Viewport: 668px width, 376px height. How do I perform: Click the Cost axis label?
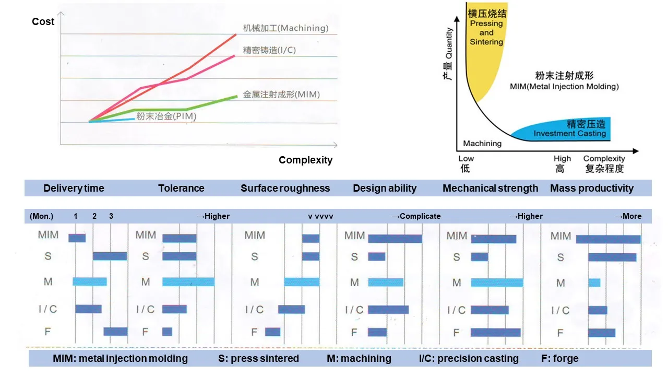(43, 21)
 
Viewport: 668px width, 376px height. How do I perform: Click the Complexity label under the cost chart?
(305, 160)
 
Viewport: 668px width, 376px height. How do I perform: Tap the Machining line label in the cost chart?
(286, 28)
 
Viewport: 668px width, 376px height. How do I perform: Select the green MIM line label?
(281, 95)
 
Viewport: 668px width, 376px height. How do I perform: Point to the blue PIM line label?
(166, 116)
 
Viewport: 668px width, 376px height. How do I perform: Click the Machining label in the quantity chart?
(482, 143)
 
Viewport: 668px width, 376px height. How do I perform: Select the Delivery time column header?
(74, 189)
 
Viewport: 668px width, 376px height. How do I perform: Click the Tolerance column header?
(181, 189)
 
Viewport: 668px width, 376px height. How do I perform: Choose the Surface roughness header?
(285, 189)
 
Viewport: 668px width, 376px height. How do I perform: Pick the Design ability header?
(385, 189)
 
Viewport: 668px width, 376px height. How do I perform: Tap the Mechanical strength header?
(490, 189)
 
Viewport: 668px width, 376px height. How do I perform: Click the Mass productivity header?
(592, 189)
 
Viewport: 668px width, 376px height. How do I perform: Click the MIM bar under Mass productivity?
(608, 239)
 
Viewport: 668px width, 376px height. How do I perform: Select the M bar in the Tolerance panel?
(188, 282)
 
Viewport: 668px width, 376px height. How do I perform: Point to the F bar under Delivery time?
(115, 332)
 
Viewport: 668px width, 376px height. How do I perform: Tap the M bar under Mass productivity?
(594, 283)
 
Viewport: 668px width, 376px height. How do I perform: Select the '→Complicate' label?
(416, 216)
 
